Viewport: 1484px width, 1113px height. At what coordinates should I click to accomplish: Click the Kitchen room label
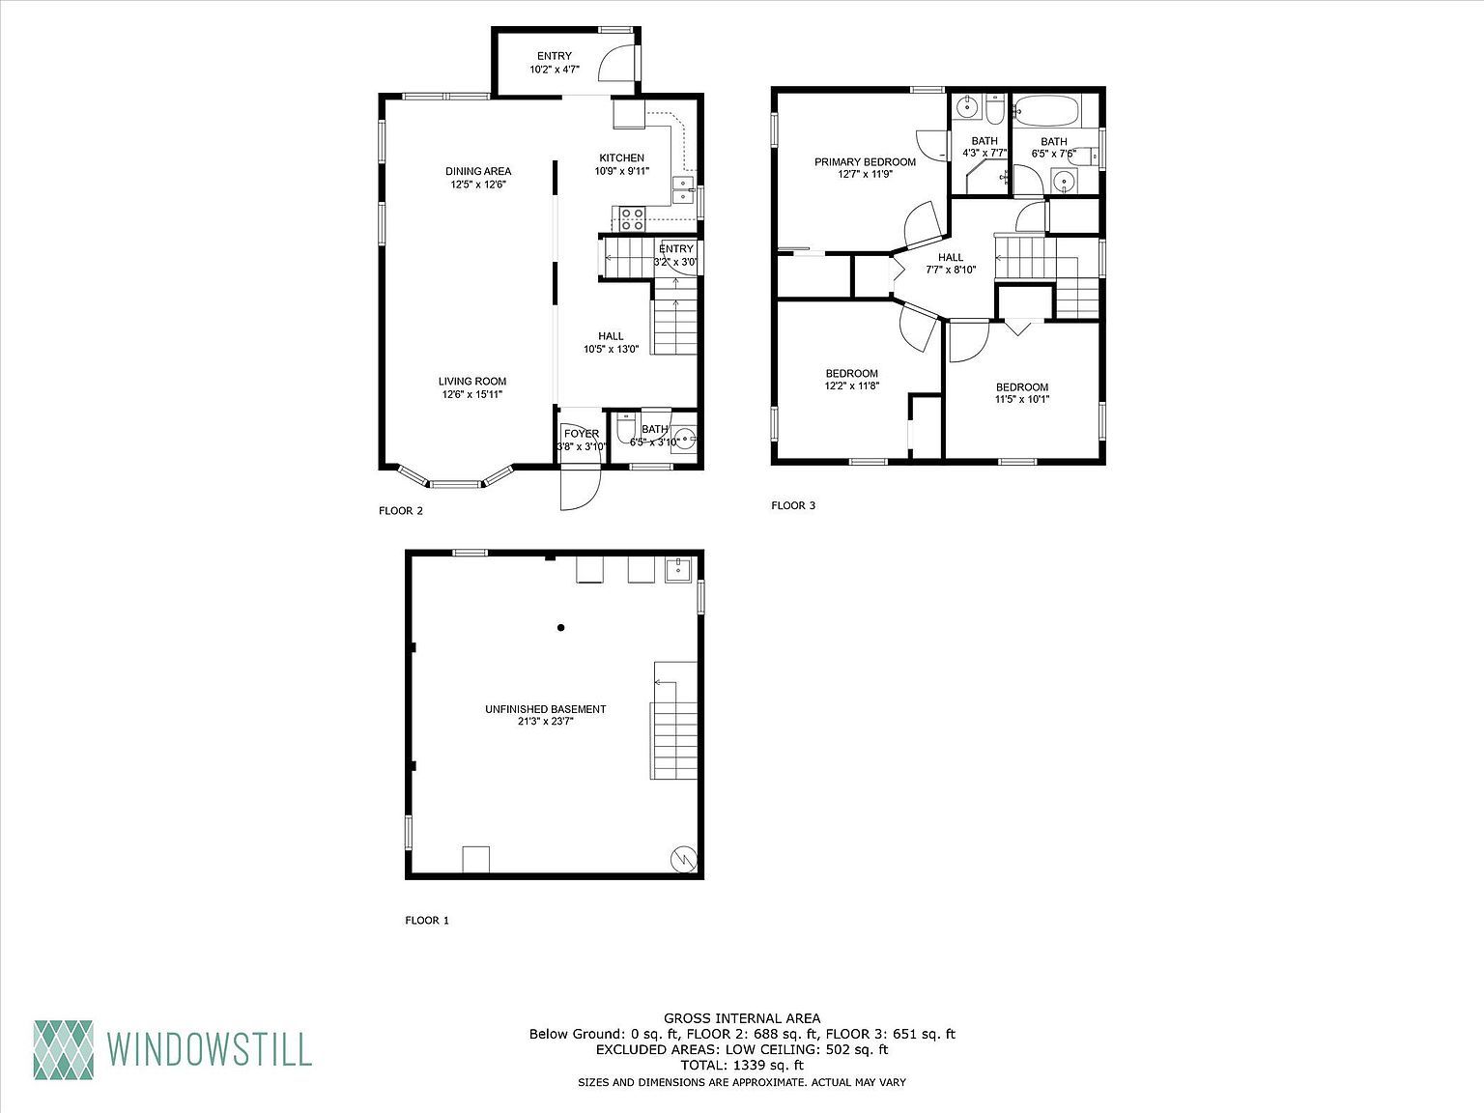621,158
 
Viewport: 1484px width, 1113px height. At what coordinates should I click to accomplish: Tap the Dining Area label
478,172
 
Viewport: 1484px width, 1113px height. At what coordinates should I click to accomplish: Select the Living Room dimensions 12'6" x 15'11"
472,394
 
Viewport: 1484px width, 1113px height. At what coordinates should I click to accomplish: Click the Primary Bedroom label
865,162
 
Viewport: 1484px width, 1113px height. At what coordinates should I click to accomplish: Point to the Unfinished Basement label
545,709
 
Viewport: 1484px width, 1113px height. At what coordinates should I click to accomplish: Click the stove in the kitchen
632,218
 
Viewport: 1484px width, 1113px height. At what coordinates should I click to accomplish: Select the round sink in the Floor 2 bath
685,440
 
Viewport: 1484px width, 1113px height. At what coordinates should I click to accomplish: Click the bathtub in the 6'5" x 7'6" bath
1047,111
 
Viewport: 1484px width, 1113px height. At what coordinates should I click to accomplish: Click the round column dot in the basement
560,628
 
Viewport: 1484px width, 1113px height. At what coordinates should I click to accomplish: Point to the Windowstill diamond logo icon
64,1048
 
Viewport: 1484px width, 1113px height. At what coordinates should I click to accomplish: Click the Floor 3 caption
793,505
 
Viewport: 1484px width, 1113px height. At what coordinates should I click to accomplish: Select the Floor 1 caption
427,921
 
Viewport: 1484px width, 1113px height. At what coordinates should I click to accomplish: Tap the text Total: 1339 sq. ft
741,1065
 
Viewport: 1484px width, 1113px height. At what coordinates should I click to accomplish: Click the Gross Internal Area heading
741,1018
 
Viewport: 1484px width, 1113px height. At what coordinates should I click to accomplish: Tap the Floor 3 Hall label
951,258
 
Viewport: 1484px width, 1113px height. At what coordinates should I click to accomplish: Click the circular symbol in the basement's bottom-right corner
684,859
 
